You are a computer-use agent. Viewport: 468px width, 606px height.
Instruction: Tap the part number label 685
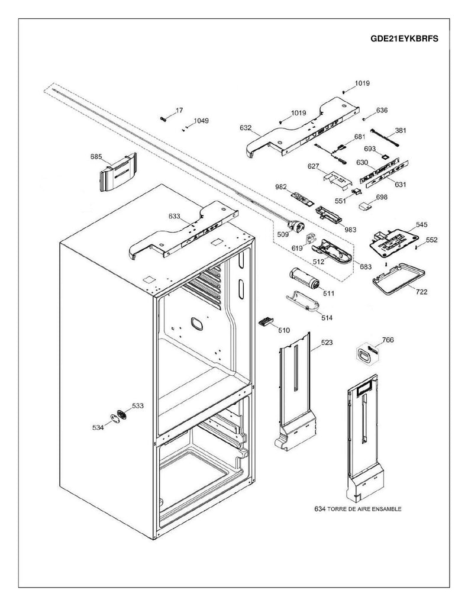pyautogui.click(x=96, y=157)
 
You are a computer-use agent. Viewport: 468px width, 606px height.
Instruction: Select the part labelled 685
pyautogui.click(x=118, y=172)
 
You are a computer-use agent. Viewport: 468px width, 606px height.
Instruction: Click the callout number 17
pyautogui.click(x=180, y=111)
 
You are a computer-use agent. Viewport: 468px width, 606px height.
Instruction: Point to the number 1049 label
pyautogui.click(x=200, y=121)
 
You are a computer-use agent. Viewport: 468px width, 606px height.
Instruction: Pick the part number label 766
pyautogui.click(x=388, y=340)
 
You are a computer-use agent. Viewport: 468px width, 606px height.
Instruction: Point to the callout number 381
pyautogui.click(x=401, y=131)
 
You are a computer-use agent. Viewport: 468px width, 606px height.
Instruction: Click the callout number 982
pyautogui.click(x=281, y=187)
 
